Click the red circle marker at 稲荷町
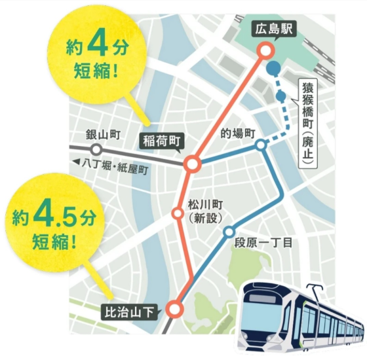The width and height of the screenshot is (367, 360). click(x=192, y=164)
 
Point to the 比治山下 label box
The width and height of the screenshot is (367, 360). click(x=131, y=312)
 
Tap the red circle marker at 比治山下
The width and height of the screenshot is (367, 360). click(x=174, y=308)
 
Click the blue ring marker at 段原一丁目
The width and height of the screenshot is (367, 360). click(x=229, y=232)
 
